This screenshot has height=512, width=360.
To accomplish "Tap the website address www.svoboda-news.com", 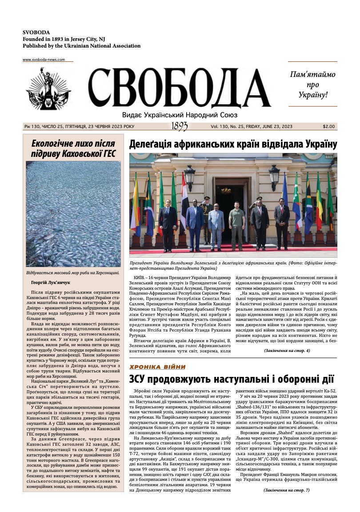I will [44, 60].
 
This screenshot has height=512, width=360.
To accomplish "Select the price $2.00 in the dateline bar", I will [329, 126].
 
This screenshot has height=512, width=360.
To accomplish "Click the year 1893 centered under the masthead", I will [179, 127].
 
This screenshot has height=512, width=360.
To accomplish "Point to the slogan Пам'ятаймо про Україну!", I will [312, 84].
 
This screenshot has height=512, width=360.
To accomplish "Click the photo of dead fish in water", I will [73, 213].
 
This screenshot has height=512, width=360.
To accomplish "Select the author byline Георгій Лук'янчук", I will [51, 282].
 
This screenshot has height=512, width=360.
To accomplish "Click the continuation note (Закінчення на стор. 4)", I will [287, 351].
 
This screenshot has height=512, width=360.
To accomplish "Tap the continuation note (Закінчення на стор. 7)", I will [287, 490].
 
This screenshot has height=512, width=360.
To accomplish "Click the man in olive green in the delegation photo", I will [236, 224].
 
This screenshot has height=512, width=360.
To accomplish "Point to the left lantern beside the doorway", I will [190, 176].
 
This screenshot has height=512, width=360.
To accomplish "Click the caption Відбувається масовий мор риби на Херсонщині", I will [73, 271].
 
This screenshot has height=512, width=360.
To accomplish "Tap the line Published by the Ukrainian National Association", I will [81, 46].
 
